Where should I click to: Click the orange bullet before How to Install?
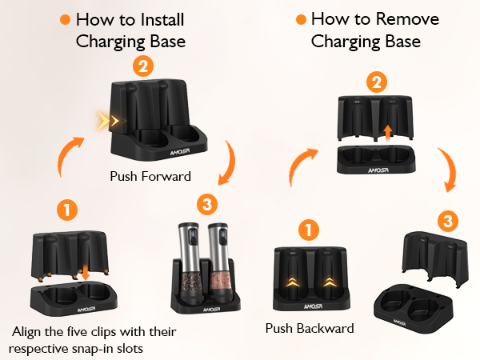(x=66, y=19)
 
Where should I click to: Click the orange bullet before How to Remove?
(x=302, y=19)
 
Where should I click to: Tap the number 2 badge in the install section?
(x=143, y=66)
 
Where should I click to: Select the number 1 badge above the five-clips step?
(x=67, y=210)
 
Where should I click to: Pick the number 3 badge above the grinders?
(x=207, y=204)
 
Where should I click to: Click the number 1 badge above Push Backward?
(x=309, y=230)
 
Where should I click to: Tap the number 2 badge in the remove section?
(x=377, y=82)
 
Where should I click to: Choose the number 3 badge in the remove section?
(x=448, y=221)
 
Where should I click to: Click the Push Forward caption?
(x=150, y=176)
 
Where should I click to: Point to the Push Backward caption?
(x=310, y=329)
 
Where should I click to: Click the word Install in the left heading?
(x=162, y=20)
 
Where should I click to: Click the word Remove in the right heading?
(x=407, y=19)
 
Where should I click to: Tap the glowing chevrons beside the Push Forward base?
(x=111, y=121)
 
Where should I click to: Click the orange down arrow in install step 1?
(x=85, y=272)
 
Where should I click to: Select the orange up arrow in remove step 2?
(x=388, y=133)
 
